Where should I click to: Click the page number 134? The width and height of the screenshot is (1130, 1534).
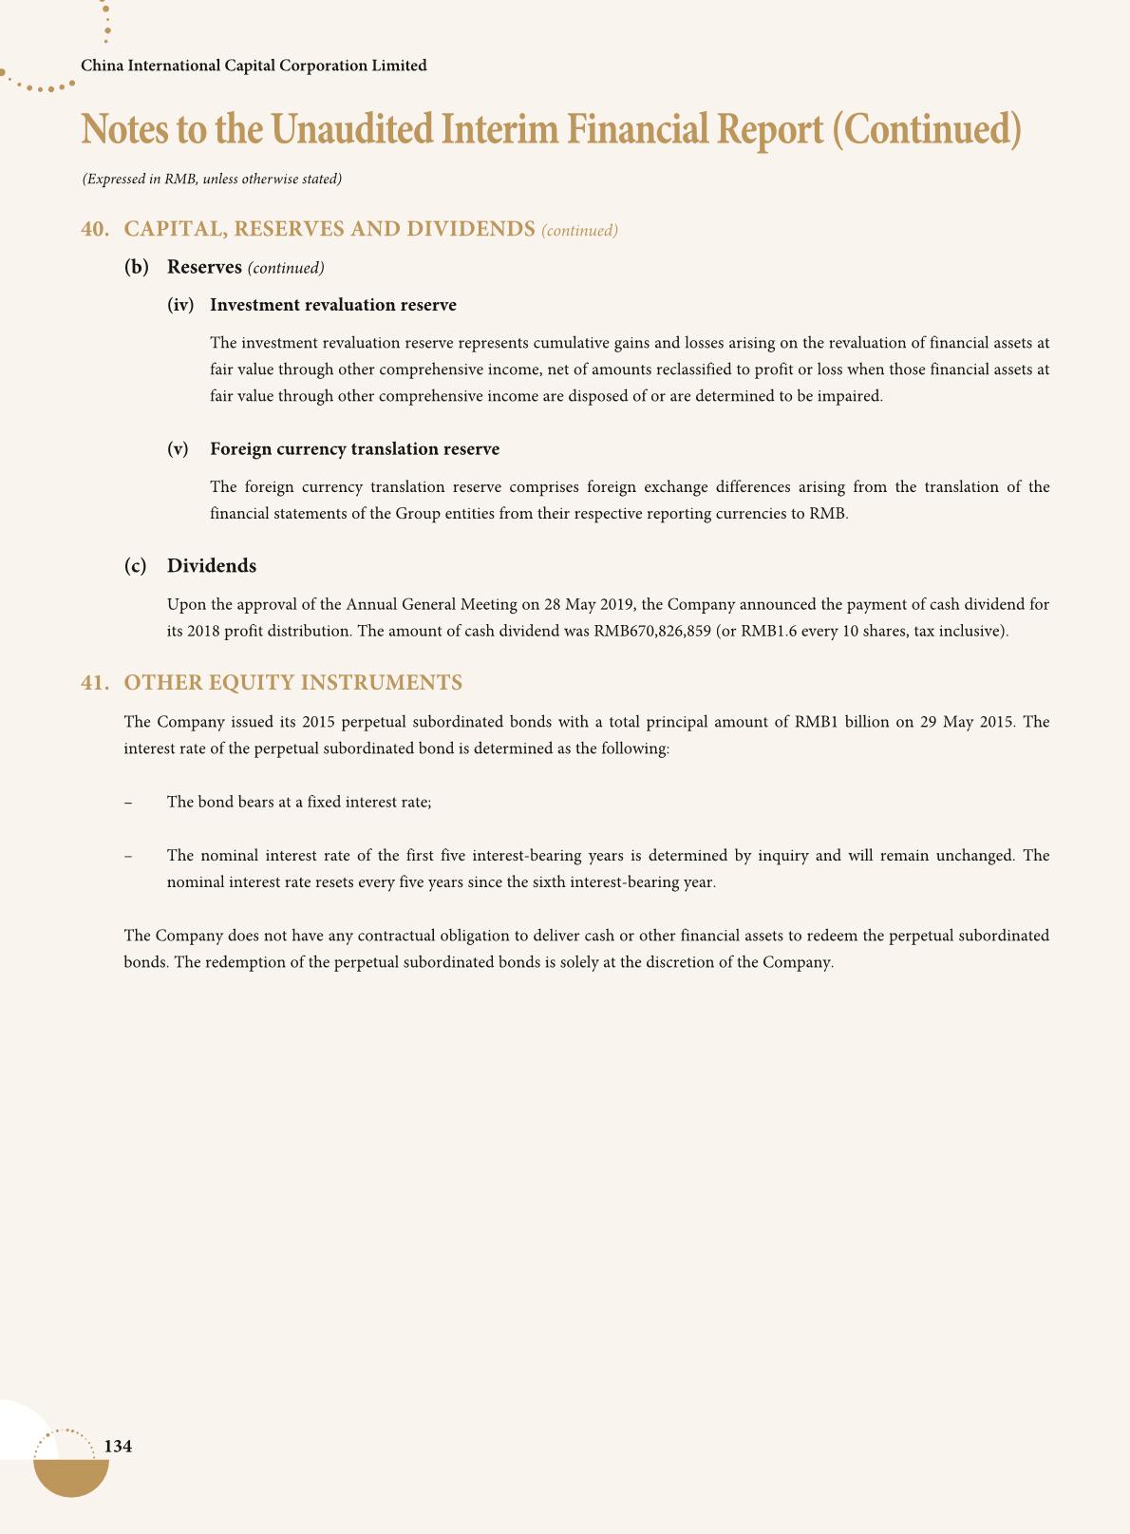click(118, 1447)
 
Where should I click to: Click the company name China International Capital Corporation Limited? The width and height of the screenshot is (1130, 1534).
click(254, 66)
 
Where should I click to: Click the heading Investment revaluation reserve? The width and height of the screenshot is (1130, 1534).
click(333, 305)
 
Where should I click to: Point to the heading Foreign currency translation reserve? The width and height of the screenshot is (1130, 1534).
click(354, 449)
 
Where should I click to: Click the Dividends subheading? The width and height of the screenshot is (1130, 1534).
click(212, 566)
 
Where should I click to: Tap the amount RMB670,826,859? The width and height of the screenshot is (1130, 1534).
click(652, 631)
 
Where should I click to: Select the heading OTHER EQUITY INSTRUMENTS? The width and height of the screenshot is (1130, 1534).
click(293, 683)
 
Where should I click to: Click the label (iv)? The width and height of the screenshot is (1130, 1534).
click(180, 305)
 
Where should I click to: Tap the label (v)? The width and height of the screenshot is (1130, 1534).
click(178, 449)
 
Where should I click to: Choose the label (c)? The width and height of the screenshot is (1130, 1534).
click(136, 566)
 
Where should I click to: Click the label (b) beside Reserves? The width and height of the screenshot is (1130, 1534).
click(137, 268)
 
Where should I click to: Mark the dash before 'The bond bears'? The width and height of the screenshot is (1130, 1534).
click(127, 803)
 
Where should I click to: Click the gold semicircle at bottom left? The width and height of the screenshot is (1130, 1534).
click(71, 1477)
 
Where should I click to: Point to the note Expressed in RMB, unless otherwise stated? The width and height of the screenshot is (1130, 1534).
click(212, 179)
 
